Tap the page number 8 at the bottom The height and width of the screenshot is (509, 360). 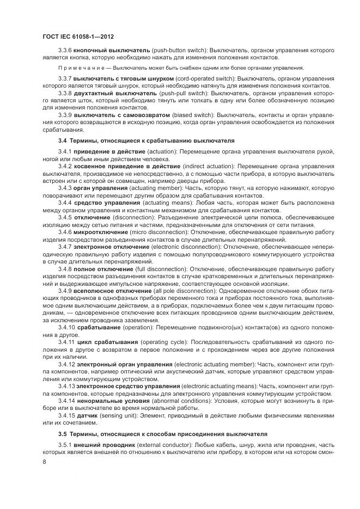(x=44, y=462)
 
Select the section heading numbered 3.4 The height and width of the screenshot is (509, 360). (x=146, y=140)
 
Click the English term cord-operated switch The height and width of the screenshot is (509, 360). (x=193, y=79)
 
